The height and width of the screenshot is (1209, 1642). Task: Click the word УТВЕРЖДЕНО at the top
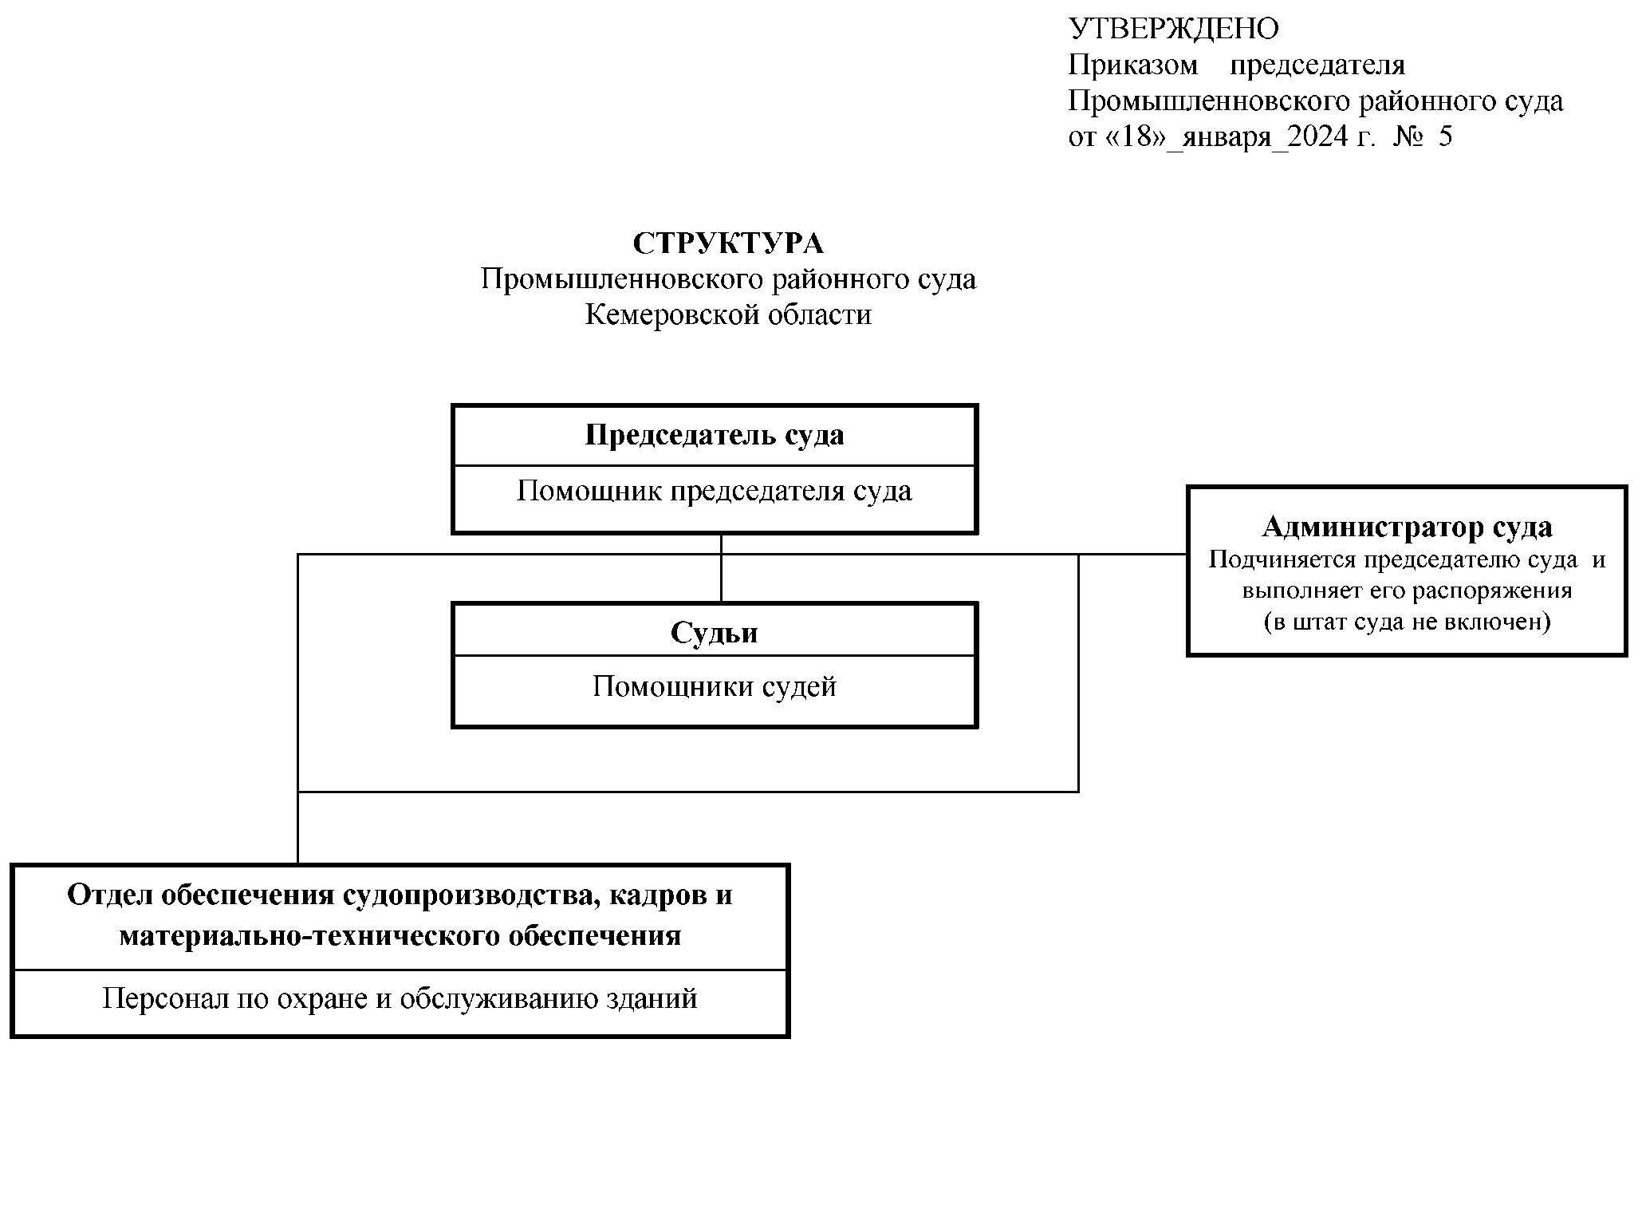[1173, 30]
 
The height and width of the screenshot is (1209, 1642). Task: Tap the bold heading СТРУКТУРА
[728, 243]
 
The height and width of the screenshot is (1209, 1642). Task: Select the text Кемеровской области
[728, 315]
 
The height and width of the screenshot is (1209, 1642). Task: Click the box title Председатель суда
[715, 436]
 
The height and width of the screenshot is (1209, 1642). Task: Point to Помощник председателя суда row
[715, 492]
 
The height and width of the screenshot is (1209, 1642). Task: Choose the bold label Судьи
[715, 633]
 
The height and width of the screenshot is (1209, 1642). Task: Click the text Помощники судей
[715, 687]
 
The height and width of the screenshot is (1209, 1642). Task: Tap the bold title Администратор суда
[1408, 527]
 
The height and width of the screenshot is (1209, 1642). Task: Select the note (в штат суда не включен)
[1408, 622]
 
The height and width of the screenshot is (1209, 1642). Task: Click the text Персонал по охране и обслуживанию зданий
[400, 999]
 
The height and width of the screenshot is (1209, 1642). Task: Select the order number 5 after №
[1446, 137]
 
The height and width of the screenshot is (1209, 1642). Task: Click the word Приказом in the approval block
[1132, 65]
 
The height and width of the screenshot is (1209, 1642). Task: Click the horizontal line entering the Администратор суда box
[1132, 554]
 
